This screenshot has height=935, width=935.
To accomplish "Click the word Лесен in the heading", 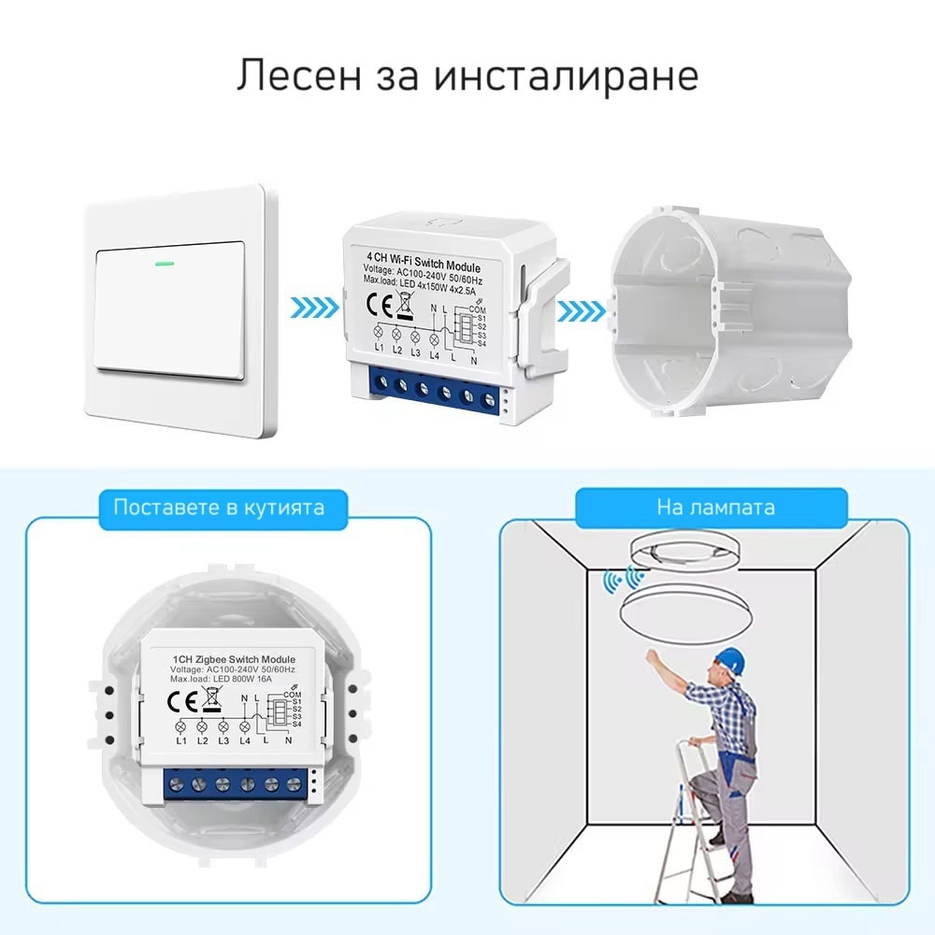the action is [299, 76].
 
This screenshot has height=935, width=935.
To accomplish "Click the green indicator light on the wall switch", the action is [164, 263].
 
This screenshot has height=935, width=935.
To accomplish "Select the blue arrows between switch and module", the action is [315, 308].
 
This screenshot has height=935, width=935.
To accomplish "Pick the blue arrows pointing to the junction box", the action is [582, 311].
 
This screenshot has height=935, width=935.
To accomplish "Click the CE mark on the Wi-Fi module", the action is [380, 306].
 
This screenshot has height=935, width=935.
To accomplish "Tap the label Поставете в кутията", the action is [219, 508].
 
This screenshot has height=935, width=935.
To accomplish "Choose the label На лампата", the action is [715, 508].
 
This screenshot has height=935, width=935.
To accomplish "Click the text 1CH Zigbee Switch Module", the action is [234, 659].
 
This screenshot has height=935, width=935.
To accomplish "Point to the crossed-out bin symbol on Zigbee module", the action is [211, 698].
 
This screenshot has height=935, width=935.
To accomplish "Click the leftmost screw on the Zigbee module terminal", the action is [176, 784].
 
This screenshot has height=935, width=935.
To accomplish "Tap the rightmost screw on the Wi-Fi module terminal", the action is [488, 399].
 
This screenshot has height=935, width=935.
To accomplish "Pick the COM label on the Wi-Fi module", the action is [477, 309].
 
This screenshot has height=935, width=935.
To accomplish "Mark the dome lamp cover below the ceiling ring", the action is [686, 609].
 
